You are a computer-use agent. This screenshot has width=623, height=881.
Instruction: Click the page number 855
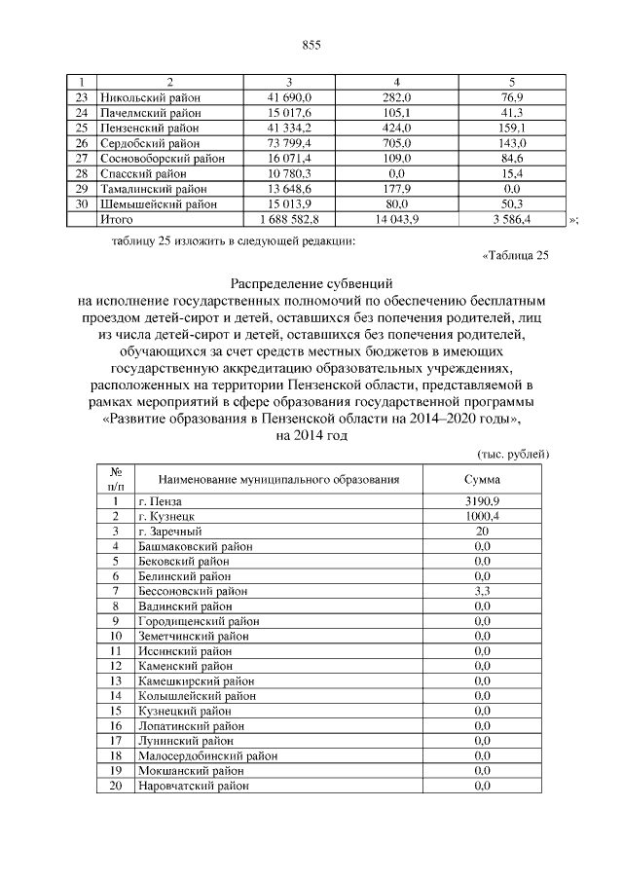click(311, 46)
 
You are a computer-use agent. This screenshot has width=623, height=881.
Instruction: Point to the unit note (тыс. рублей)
click(514, 455)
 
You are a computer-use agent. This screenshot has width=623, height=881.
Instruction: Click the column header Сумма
click(483, 480)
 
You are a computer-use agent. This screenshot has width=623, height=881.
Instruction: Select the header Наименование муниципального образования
click(279, 480)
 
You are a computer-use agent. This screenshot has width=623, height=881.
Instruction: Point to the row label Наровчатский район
click(193, 785)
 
